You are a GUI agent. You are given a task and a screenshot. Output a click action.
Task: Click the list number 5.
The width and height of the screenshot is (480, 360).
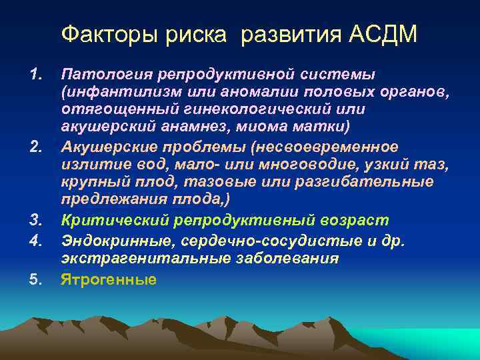(x=37, y=279)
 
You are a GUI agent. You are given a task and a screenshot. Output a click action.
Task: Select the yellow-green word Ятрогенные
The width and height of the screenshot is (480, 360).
(x=108, y=279)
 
